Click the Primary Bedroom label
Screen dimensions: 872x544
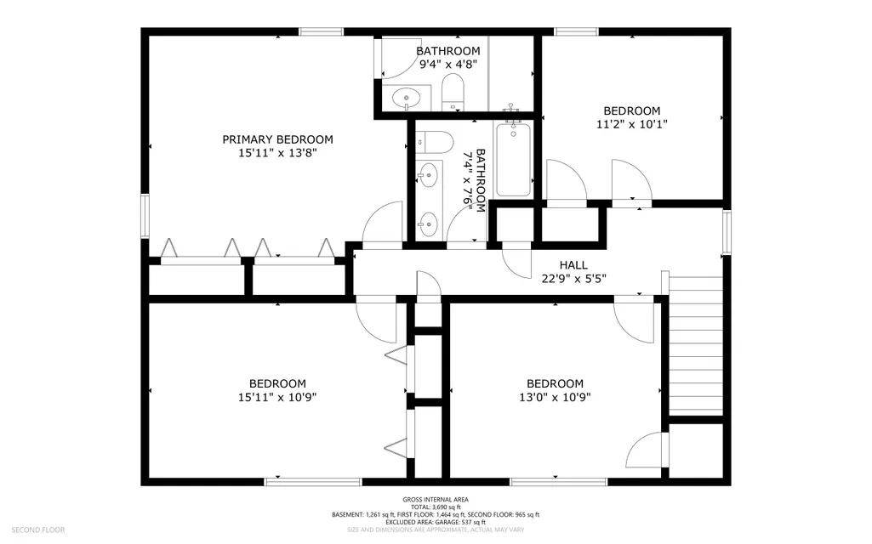pyautogui.click(x=277, y=139)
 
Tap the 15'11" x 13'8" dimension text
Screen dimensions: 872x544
pyautogui.click(x=277, y=153)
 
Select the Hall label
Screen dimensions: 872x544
pyautogui.click(x=573, y=265)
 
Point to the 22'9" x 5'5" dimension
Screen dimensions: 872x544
pyautogui.click(x=573, y=279)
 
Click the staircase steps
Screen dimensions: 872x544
pyautogui.click(x=695, y=346)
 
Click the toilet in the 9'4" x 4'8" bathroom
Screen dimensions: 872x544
pyautogui.click(x=453, y=93)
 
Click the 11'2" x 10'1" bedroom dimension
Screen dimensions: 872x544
pyautogui.click(x=632, y=124)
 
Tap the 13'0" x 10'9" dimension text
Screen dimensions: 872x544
pyautogui.click(x=555, y=397)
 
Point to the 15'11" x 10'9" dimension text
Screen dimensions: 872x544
pyautogui.click(x=277, y=397)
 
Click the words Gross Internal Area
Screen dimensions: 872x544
pyautogui.click(x=436, y=500)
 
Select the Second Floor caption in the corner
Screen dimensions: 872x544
pyautogui.click(x=37, y=530)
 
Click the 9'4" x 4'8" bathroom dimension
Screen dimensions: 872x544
pyautogui.click(x=448, y=65)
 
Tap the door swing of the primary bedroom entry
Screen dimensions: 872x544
pyautogui.click(x=382, y=222)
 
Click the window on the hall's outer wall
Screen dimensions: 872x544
pyautogui.click(x=727, y=232)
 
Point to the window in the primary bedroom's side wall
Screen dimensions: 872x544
pyautogui.click(x=145, y=216)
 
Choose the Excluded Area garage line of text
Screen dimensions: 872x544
pyautogui.click(x=436, y=523)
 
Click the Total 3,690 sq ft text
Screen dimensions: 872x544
pyautogui.click(x=436, y=507)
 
